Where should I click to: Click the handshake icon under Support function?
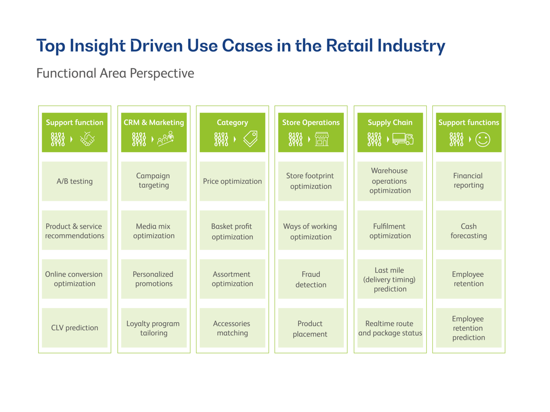tap(87, 139)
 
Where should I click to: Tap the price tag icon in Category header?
tap(251, 139)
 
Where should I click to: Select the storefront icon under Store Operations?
tap(322, 139)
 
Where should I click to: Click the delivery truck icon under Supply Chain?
tap(403, 139)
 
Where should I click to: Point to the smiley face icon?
tap(483, 140)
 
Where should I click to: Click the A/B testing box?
tap(74, 181)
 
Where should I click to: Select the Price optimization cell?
tap(232, 181)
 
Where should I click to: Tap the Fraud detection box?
tap(311, 279)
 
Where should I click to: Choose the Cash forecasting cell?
tap(469, 230)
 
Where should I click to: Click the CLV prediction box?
tap(74, 328)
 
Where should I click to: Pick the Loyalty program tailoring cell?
tap(154, 328)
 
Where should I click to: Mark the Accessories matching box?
tap(232, 328)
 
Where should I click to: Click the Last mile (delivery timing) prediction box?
tap(390, 279)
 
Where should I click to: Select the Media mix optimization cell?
tap(154, 230)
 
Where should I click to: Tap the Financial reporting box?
tap(469, 181)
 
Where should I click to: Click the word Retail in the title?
tap(349, 46)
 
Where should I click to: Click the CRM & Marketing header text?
tap(154, 122)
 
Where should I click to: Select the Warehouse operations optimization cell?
tap(390, 181)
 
